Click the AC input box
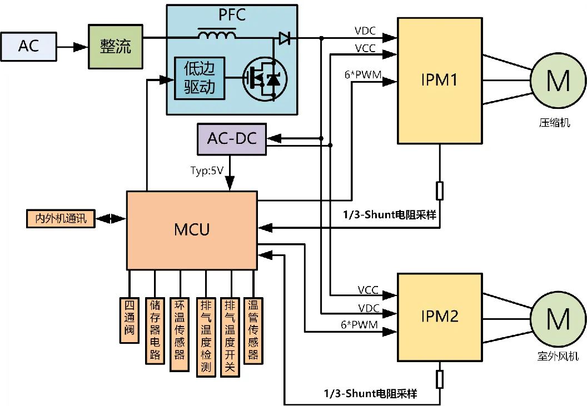(x=28, y=46)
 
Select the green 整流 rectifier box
(x=116, y=46)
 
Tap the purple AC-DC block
(x=232, y=138)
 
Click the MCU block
(x=192, y=229)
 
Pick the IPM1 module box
(x=439, y=81)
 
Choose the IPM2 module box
(x=439, y=317)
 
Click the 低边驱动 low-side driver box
(x=199, y=78)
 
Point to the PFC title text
(x=232, y=15)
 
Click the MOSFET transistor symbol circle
(x=264, y=79)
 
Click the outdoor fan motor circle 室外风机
(x=558, y=319)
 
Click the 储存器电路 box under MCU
(x=155, y=330)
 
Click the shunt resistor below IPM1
(x=440, y=191)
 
